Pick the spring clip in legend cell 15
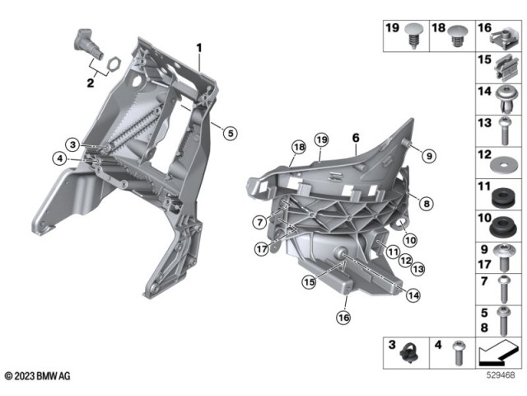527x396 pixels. [x=502, y=68]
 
